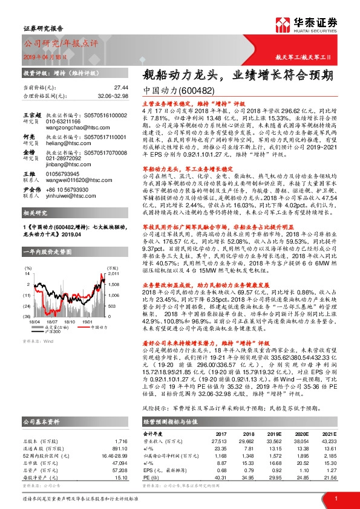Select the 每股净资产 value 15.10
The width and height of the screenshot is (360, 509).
click(120, 462)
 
